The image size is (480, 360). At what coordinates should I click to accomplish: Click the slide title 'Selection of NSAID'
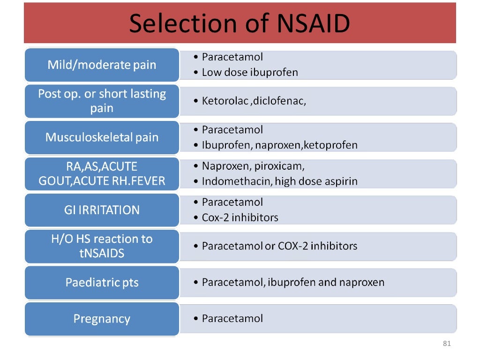[x=240, y=23]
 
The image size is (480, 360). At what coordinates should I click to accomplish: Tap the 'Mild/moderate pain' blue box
[x=102, y=65]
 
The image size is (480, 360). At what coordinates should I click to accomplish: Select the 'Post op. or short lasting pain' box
[x=102, y=101]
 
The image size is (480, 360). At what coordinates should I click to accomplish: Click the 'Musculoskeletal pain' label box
[x=102, y=137]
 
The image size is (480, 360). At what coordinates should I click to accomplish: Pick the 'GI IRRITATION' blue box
[x=102, y=210]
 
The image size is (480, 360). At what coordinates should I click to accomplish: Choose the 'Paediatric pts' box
[x=102, y=283]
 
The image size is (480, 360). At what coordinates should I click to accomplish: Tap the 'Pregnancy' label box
[x=102, y=319]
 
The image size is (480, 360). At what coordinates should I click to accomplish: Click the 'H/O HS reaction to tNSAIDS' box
[x=102, y=246]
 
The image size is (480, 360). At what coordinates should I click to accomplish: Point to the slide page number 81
[x=446, y=344]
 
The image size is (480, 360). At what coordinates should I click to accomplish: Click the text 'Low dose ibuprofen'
[x=250, y=73]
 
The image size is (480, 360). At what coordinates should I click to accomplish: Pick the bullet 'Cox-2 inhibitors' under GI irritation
[x=240, y=218]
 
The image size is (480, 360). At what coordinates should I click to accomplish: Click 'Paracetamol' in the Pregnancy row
[x=232, y=319]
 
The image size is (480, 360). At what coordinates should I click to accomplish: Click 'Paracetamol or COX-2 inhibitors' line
[x=279, y=246]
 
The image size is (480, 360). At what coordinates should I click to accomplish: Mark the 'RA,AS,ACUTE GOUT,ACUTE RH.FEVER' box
[x=102, y=173]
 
